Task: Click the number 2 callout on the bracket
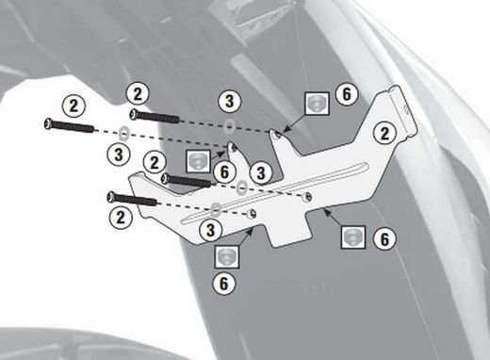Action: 384,133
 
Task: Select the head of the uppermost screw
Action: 135,114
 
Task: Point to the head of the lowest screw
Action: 111,197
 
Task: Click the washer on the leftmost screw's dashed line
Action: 124,133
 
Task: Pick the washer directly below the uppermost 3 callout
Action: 230,125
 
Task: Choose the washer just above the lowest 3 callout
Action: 215,209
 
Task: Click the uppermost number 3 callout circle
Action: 230,101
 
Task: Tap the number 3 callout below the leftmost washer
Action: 119,155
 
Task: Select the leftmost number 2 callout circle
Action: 73,106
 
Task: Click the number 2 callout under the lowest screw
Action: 121,218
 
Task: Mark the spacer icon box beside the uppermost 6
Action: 318,104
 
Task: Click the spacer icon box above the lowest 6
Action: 227,256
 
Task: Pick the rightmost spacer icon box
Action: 353,237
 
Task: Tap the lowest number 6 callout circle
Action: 223,284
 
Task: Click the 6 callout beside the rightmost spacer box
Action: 384,238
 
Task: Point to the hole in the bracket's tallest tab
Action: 278,135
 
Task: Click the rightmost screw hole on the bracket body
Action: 307,197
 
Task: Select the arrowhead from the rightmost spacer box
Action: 326,211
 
